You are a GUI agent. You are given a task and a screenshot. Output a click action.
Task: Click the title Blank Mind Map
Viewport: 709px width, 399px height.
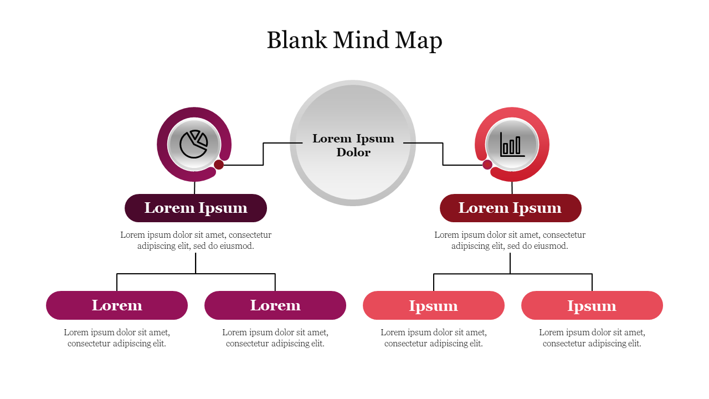pyautogui.click(x=354, y=40)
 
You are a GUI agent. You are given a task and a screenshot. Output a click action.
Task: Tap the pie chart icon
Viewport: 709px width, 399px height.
pyautogui.click(x=194, y=144)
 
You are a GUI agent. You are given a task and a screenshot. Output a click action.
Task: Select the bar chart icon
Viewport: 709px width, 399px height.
pyautogui.click(x=512, y=144)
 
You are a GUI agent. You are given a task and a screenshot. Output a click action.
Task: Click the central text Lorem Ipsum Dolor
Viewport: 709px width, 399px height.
pyautogui.click(x=353, y=145)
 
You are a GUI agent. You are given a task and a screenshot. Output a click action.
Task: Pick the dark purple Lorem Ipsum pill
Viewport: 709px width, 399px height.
pyautogui.click(x=196, y=208)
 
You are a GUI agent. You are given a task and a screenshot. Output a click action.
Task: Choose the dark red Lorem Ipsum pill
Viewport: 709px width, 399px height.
pyautogui.click(x=510, y=208)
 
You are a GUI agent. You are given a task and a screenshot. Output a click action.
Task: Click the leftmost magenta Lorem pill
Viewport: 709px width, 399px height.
pyautogui.click(x=117, y=305)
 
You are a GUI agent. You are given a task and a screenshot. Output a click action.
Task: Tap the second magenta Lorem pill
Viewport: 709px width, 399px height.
pyautogui.click(x=275, y=305)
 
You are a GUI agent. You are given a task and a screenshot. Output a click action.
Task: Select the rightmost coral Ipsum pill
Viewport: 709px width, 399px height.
pyautogui.click(x=592, y=305)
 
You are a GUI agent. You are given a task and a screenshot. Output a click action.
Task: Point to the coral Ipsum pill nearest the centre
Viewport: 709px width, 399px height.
pyautogui.click(x=434, y=305)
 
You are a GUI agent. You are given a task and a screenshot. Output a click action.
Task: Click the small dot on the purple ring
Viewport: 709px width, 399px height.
pyautogui.click(x=219, y=165)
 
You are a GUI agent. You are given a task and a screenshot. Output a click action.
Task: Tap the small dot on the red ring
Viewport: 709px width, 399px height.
pyautogui.click(x=487, y=165)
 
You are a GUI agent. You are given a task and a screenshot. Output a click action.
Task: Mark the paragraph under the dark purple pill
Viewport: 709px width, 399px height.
pyautogui.click(x=196, y=241)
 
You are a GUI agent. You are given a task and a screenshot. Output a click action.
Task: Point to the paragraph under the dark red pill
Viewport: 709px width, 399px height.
pyautogui.click(x=510, y=241)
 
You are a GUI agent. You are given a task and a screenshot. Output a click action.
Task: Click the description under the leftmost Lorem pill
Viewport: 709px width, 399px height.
pyautogui.click(x=117, y=338)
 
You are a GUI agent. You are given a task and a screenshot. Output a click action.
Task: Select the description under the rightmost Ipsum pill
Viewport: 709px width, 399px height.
pyautogui.click(x=592, y=338)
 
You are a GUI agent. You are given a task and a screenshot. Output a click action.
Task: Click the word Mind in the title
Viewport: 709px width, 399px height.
pyautogui.click(x=363, y=40)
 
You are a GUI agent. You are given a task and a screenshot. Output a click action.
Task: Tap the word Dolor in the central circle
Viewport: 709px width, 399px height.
pyautogui.click(x=353, y=152)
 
